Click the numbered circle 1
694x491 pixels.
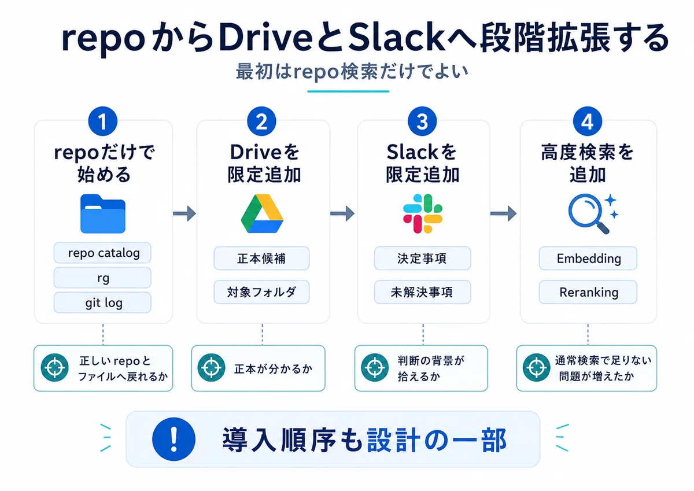103,121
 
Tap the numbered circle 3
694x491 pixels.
422,121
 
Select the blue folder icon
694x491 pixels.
103,214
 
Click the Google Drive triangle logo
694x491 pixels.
262,214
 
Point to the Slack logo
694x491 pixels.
423,213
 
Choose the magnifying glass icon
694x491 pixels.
592,214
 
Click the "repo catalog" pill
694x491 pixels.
102,253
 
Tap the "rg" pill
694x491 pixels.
102,278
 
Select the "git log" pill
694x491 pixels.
102,302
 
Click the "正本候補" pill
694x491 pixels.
261,259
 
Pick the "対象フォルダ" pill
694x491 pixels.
261,292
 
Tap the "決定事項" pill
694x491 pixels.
423,259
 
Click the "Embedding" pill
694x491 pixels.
588,259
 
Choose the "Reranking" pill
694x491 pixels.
588,292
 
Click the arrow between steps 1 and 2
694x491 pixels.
184,213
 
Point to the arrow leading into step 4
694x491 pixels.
504,213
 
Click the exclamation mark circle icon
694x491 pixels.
174,440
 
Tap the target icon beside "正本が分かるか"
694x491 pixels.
212,368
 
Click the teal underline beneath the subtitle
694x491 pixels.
348,91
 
